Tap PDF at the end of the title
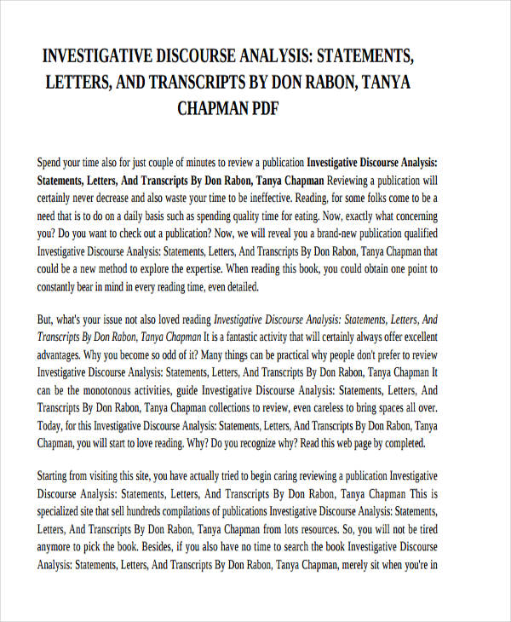point(262,109)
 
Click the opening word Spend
point(54,162)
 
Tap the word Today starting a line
point(52,426)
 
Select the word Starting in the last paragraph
point(56,475)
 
